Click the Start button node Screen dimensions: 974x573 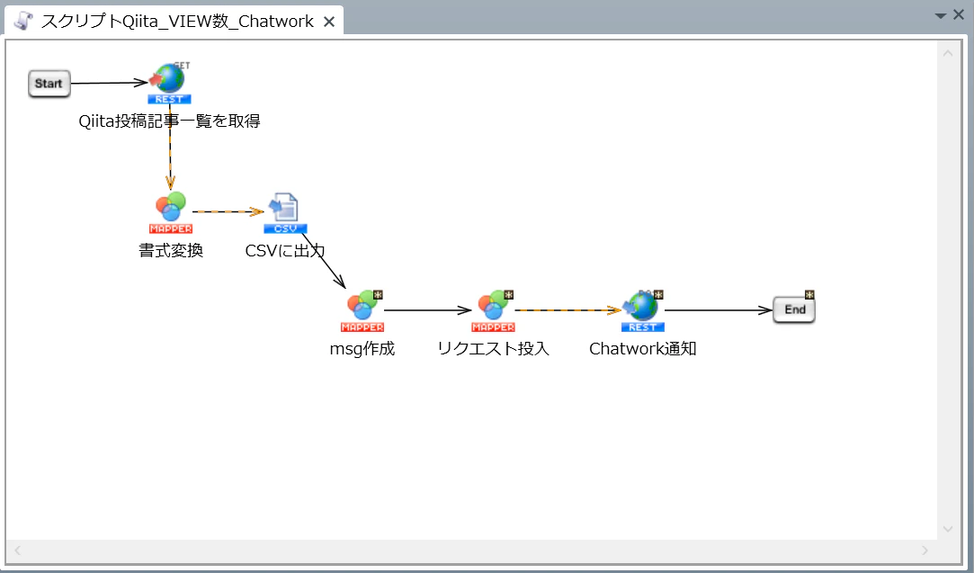pos(49,84)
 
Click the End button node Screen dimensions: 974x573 pos(794,309)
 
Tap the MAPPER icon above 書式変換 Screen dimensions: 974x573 pos(171,212)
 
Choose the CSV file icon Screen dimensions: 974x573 pos(285,213)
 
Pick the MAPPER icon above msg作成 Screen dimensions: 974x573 pos(362,310)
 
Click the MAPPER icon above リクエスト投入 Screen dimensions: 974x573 pos(494,310)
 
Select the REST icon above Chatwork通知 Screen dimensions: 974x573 pos(643,310)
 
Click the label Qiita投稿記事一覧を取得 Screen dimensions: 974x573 pos(169,121)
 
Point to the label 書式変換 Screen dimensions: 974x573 pos(171,250)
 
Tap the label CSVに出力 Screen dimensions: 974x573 pos(285,250)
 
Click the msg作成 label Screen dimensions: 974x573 pos(362,349)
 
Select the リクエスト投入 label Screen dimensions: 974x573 pos(493,349)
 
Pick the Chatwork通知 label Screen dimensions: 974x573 pos(643,349)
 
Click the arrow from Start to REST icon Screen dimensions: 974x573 pos(110,83)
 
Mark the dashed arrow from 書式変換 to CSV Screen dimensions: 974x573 pos(228,212)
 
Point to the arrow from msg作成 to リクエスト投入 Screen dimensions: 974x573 pos(428,310)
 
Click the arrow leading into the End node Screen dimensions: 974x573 pos(719,310)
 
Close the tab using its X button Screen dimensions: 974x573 pos(329,22)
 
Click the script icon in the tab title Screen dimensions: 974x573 pos(23,21)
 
